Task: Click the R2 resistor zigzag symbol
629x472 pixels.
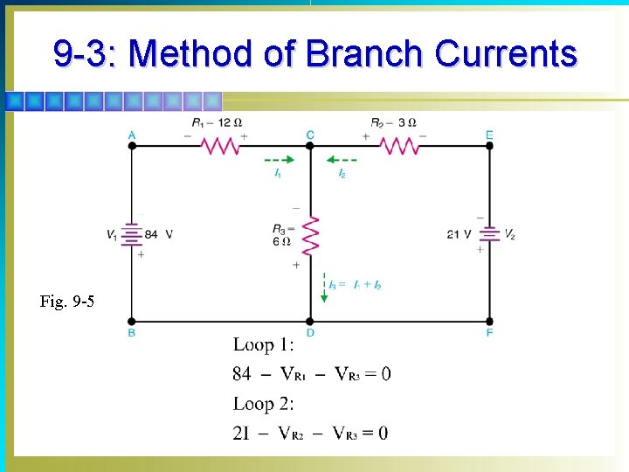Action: click(x=398, y=146)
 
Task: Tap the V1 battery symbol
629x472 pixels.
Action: click(x=131, y=234)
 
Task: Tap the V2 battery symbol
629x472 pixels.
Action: click(x=489, y=233)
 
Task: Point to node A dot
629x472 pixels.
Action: click(x=132, y=146)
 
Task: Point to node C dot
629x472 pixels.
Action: click(x=310, y=146)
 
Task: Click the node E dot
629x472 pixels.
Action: click(x=489, y=146)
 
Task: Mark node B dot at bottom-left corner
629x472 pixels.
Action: click(x=132, y=321)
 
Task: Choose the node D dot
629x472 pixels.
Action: click(x=310, y=321)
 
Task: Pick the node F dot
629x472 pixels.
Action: click(x=489, y=321)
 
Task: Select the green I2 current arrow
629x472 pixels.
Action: click(x=342, y=160)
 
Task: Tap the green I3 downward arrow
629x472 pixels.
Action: click(x=324, y=288)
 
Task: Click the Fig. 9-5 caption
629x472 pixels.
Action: click(x=67, y=302)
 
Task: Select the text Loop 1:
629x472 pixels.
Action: click(x=264, y=344)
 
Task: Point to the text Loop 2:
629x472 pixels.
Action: click(x=264, y=404)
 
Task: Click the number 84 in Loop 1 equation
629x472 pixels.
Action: click(x=242, y=374)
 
